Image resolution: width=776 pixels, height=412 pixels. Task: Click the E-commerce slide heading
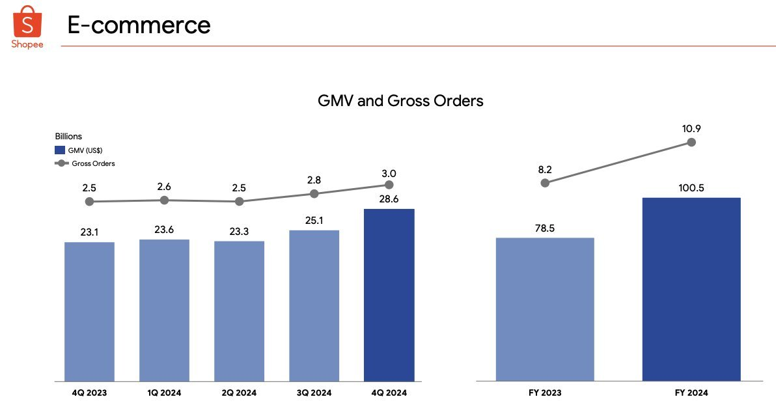tap(139, 25)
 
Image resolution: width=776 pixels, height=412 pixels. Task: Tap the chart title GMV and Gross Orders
tap(400, 101)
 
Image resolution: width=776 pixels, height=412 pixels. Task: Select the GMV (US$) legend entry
tap(79, 150)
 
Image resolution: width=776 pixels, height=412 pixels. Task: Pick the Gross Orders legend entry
tap(85, 163)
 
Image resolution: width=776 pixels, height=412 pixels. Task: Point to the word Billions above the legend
tap(68, 137)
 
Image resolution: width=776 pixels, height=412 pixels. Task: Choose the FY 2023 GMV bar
tap(545, 309)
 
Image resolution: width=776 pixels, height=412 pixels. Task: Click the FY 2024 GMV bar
tap(691, 289)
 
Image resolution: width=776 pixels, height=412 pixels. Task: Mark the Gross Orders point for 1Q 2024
tap(165, 200)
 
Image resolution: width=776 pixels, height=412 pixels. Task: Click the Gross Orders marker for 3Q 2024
tap(314, 193)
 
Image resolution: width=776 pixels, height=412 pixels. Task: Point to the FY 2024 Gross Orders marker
tap(691, 142)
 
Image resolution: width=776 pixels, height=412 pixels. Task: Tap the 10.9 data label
tap(691, 128)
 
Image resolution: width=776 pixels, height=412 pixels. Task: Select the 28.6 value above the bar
tap(389, 199)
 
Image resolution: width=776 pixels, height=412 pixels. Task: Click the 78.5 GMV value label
tap(545, 228)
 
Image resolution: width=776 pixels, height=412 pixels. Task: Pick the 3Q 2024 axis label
tap(314, 393)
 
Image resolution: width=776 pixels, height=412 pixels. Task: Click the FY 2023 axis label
tap(545, 393)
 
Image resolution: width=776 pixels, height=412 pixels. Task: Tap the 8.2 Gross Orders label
tap(545, 169)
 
